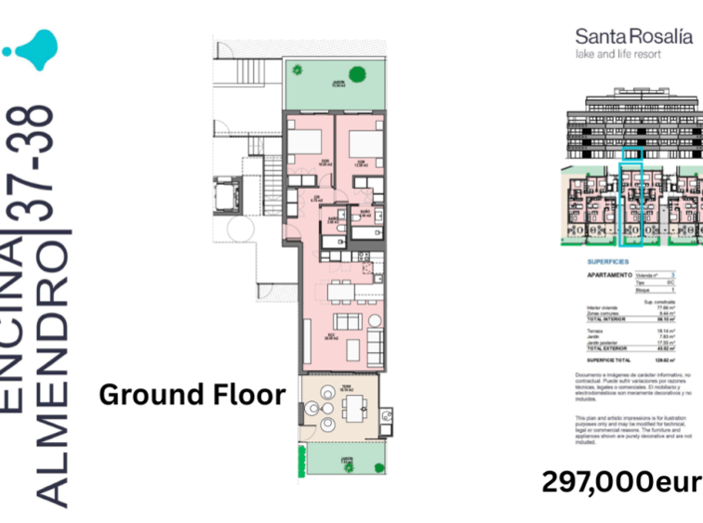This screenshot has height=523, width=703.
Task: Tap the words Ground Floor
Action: coord(192,393)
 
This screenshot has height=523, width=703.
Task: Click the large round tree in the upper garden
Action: coord(298,67)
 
